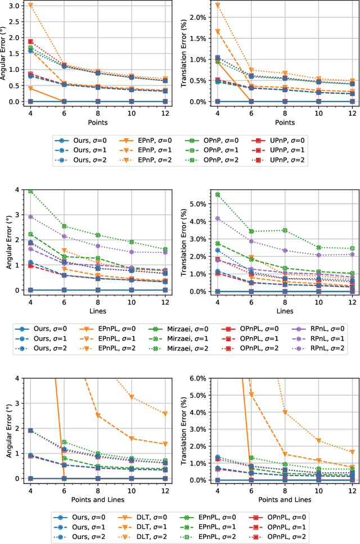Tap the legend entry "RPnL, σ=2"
(x=323, y=348)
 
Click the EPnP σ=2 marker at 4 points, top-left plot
(x=30, y=5)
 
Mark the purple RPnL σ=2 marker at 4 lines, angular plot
(x=30, y=216)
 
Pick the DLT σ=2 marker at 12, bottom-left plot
(x=165, y=413)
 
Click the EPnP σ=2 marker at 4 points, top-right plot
(x=217, y=5)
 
